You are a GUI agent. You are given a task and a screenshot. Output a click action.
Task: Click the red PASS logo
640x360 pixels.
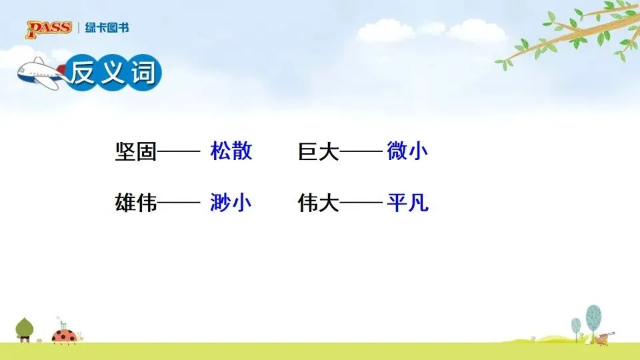click(49, 29)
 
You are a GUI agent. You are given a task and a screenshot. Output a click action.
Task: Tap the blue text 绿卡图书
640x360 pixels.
click(107, 28)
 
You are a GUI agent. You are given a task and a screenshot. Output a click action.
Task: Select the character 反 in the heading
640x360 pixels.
click(82, 73)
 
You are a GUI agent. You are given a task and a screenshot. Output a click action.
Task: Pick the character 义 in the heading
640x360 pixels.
click(113, 73)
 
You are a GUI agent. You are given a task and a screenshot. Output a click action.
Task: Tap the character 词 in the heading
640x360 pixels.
click(143, 73)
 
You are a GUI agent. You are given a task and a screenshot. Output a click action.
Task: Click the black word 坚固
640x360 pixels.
click(136, 151)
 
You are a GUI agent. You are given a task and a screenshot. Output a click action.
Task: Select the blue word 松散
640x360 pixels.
click(231, 151)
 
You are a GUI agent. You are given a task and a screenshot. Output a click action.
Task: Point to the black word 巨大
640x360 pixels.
click(319, 151)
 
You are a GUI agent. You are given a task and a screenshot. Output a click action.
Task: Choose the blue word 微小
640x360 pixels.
click(407, 151)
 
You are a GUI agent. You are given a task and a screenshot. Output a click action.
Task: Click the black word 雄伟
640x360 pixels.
click(136, 203)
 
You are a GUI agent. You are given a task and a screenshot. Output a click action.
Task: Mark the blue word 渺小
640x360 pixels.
click(231, 202)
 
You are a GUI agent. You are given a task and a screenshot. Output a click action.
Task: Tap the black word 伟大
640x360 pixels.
click(319, 203)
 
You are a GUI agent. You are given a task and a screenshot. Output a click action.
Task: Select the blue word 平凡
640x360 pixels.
click(408, 202)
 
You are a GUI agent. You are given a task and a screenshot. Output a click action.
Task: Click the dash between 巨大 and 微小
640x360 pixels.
click(361, 151)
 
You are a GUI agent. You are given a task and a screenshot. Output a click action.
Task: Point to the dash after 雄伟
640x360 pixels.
click(179, 202)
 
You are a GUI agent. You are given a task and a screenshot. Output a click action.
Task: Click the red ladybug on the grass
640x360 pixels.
click(65, 336)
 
